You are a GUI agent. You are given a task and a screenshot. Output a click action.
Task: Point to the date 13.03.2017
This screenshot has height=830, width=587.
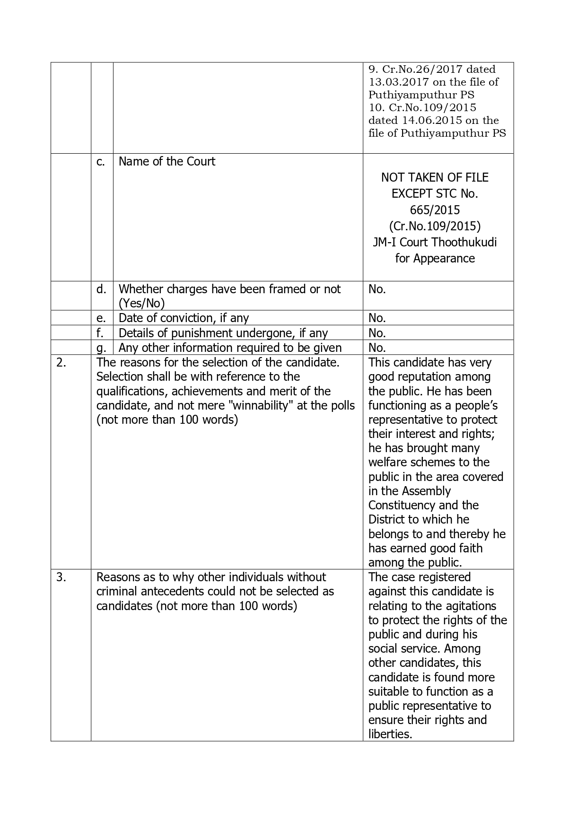point(392,82)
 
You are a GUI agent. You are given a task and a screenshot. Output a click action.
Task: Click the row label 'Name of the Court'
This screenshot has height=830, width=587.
point(166,161)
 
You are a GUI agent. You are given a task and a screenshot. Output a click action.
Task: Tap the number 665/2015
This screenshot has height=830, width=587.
point(435,210)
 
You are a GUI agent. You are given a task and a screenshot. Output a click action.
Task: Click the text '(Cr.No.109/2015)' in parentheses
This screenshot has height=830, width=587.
point(435,226)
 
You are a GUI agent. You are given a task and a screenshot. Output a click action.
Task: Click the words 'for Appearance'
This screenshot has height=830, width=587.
point(435,258)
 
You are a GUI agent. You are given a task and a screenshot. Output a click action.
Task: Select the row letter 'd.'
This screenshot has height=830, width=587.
point(101,289)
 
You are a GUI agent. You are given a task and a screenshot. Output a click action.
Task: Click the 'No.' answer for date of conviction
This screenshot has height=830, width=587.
point(377,318)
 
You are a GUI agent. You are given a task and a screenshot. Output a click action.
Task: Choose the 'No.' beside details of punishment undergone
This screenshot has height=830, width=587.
point(377,333)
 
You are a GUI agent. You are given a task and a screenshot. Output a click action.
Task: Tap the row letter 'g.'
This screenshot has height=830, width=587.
point(101,348)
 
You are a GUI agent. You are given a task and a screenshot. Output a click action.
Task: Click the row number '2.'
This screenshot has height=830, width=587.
point(61,363)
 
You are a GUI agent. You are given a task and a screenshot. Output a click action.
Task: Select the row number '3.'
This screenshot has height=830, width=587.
point(61,577)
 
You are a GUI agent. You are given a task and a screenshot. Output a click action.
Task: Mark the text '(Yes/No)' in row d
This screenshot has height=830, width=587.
point(141,303)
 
